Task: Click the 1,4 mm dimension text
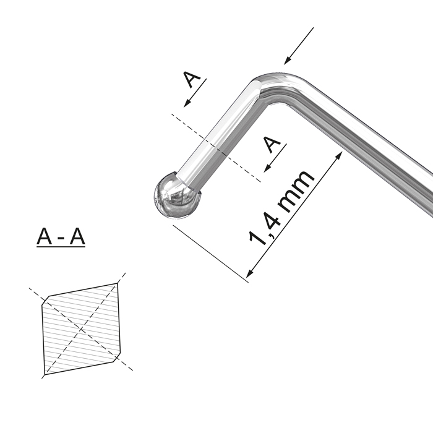(x=281, y=208)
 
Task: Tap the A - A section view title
(x=61, y=237)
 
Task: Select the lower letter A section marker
(x=272, y=144)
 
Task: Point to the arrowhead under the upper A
(x=187, y=103)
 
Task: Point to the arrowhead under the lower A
(x=267, y=168)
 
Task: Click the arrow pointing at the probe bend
(x=299, y=46)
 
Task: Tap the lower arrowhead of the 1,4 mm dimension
(x=249, y=273)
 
